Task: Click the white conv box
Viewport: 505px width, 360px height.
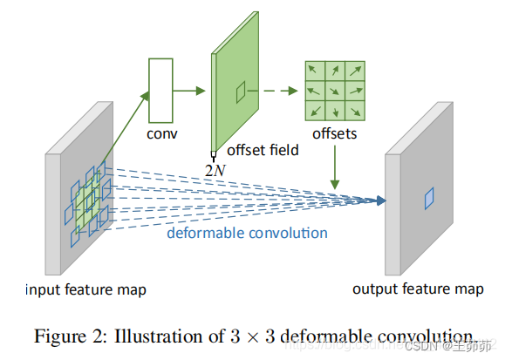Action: pyautogui.click(x=162, y=90)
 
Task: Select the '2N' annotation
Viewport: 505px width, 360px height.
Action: pyautogui.click(x=215, y=168)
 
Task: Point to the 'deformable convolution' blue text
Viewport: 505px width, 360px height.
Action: pyautogui.click(x=248, y=233)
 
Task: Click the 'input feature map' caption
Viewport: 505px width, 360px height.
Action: pyautogui.click(x=85, y=289)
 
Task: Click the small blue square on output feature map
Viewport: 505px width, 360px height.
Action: pyautogui.click(x=428, y=199)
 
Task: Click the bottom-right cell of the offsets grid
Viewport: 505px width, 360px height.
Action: pyautogui.click(x=354, y=109)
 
